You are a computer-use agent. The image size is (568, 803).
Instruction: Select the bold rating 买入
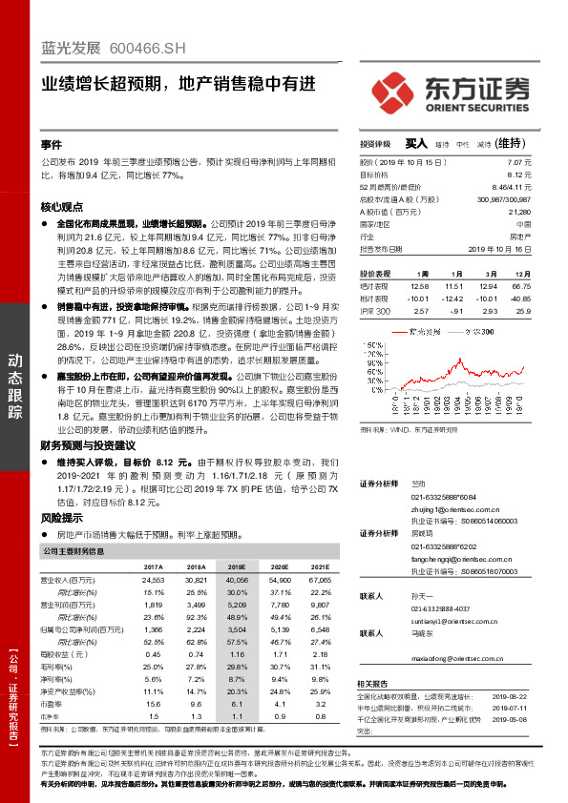click(x=415, y=143)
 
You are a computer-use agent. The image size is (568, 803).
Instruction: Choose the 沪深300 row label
click(x=375, y=311)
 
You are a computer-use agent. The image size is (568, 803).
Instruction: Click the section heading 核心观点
click(x=62, y=206)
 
